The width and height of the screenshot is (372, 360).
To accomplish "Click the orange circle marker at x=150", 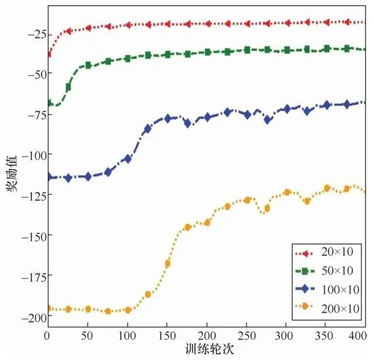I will [167, 264].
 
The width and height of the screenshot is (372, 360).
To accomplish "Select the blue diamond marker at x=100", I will [128, 158].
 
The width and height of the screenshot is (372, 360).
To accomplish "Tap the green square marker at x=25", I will [68, 87].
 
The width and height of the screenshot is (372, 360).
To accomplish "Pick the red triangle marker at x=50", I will [88, 27].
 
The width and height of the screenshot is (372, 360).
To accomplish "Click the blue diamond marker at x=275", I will [267, 120].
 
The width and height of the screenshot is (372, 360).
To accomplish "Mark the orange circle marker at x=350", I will [327, 188].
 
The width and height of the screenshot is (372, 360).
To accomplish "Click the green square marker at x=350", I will [327, 49].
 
